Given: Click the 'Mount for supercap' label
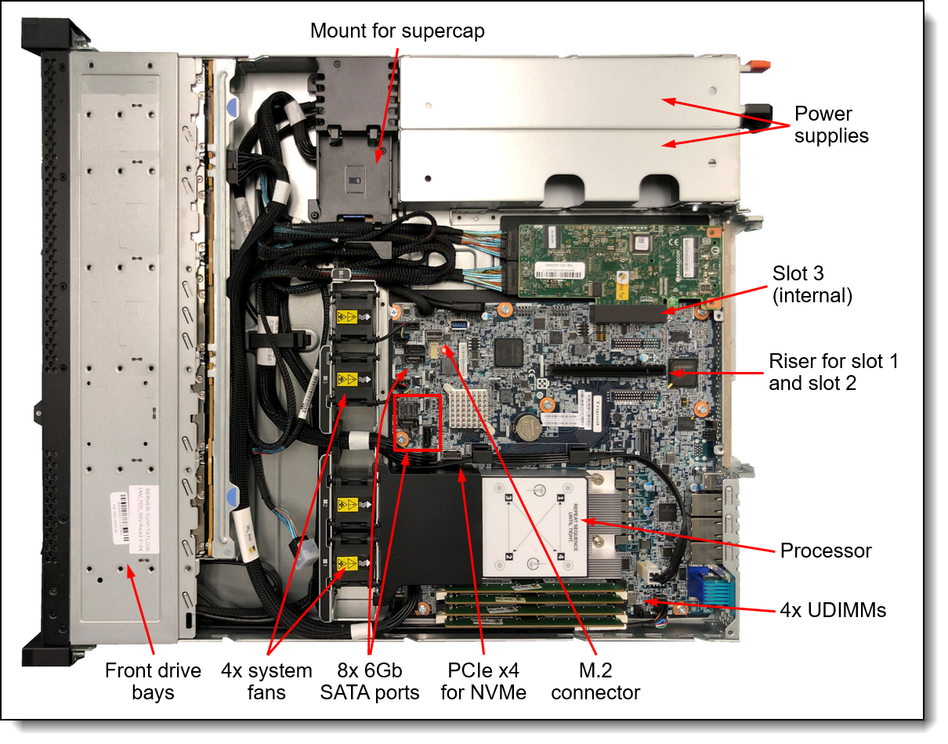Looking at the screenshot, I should coord(397,31).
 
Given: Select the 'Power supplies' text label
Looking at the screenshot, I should coord(831,125).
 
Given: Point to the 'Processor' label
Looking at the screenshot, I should coord(825,551).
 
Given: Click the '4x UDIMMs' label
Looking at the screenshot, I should coord(833,610).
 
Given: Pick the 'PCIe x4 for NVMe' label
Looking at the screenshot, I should coord(484,681).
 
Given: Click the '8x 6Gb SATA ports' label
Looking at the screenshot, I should coord(370,681).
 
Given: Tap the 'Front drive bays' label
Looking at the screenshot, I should coord(154,681).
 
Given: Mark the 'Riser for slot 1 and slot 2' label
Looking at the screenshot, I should coord(833,372).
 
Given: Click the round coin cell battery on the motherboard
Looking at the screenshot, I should coord(526,425).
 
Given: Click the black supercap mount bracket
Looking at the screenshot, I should coord(353,168).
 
